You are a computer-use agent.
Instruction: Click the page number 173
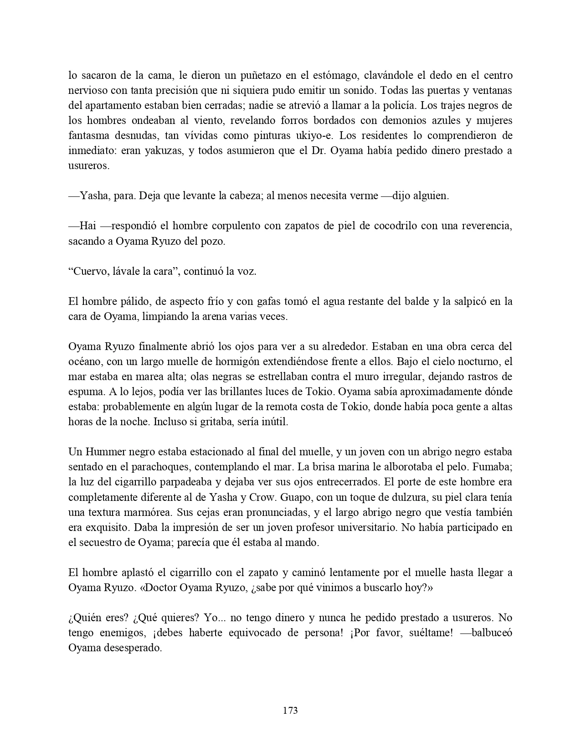point(290,710)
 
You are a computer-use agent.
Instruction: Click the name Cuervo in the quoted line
point(90,271)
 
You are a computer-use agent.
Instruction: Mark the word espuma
point(83,391)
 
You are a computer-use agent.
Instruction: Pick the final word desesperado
point(134,647)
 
